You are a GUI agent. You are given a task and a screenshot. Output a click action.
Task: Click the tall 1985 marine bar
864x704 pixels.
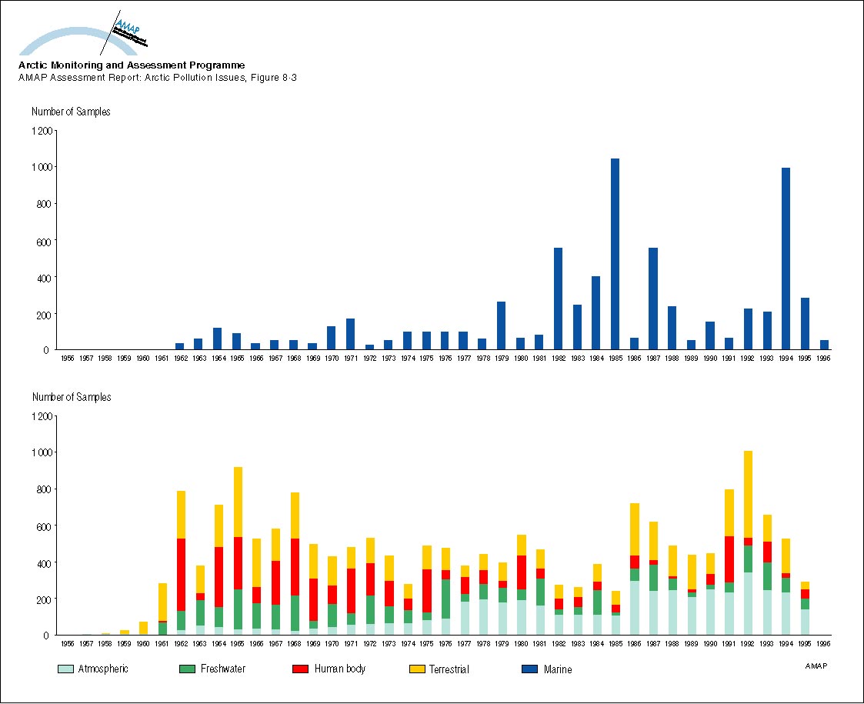point(615,254)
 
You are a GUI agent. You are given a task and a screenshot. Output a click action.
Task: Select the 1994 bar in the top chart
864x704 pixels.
point(786,259)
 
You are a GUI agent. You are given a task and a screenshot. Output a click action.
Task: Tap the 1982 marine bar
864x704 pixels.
point(558,299)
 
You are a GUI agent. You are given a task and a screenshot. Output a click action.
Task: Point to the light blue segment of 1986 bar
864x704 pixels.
point(634,608)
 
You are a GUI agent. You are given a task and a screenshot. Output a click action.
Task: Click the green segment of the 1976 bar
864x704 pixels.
point(445,599)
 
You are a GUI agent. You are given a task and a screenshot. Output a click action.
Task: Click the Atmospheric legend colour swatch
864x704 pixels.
point(66,669)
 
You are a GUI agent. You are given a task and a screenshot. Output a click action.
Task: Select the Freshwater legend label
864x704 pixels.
point(223,669)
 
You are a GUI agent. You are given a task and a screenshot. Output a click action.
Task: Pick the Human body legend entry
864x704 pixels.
point(339,669)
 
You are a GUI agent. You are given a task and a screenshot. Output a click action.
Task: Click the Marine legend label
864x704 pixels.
point(558,669)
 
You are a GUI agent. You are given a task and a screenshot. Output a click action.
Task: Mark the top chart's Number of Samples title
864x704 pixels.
point(71,112)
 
